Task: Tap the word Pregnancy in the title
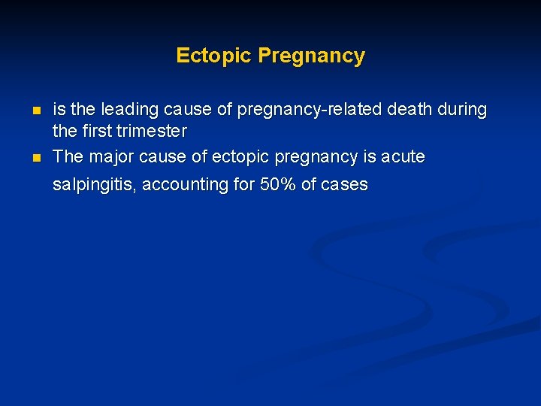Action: pyautogui.click(x=311, y=56)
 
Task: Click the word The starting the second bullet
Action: pyautogui.click(x=68, y=157)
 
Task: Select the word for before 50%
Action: pyautogui.click(x=243, y=184)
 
